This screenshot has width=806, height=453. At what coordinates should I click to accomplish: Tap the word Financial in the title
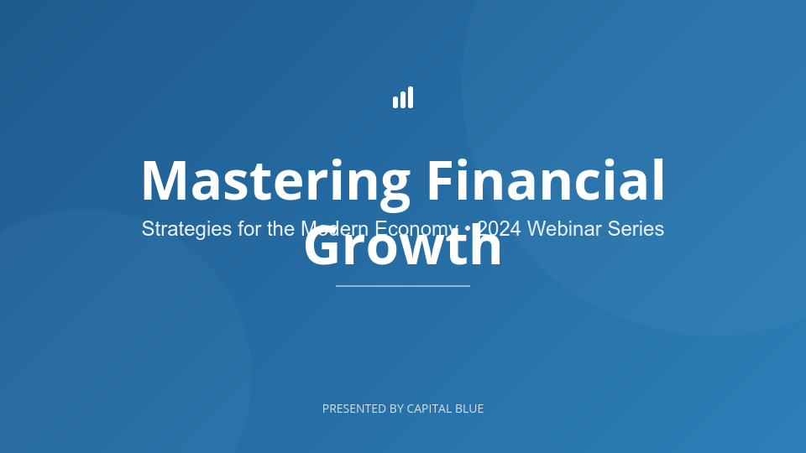tap(546, 181)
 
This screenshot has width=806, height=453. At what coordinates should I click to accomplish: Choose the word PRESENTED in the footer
tap(353, 409)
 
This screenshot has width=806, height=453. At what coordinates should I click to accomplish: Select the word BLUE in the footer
tap(469, 409)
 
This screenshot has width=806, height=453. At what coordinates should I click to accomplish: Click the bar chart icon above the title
tap(403, 98)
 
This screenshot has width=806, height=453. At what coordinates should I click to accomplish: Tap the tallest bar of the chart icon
tap(411, 97)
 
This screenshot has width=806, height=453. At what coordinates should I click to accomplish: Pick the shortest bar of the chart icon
tap(395, 102)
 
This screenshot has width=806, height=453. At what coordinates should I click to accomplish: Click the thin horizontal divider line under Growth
tap(403, 286)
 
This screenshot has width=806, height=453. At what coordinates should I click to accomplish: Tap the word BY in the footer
tap(397, 409)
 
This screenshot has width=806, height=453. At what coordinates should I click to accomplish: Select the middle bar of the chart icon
tap(403, 100)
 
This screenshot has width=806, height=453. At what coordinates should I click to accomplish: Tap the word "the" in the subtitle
tap(281, 229)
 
